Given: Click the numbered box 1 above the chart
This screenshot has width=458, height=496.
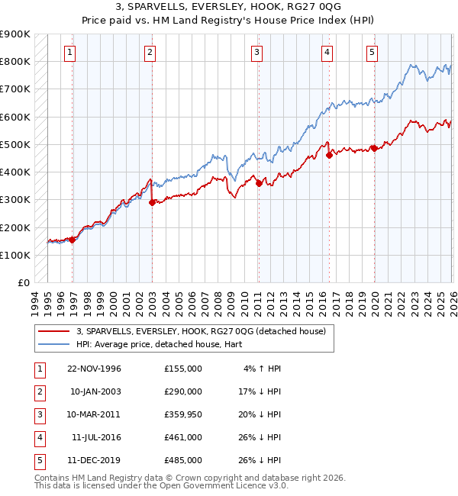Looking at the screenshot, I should [69, 53].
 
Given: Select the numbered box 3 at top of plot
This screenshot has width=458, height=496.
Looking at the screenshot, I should [256, 53].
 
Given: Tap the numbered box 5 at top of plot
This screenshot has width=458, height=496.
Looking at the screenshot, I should [372, 53].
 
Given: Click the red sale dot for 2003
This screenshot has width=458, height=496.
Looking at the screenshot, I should [152, 202].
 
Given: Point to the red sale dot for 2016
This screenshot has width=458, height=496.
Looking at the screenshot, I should [330, 155].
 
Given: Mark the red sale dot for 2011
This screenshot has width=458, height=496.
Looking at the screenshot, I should [259, 183].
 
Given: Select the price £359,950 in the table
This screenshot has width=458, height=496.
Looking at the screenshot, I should [182, 414].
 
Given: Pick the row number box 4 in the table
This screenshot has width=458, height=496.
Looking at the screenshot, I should [38, 437].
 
